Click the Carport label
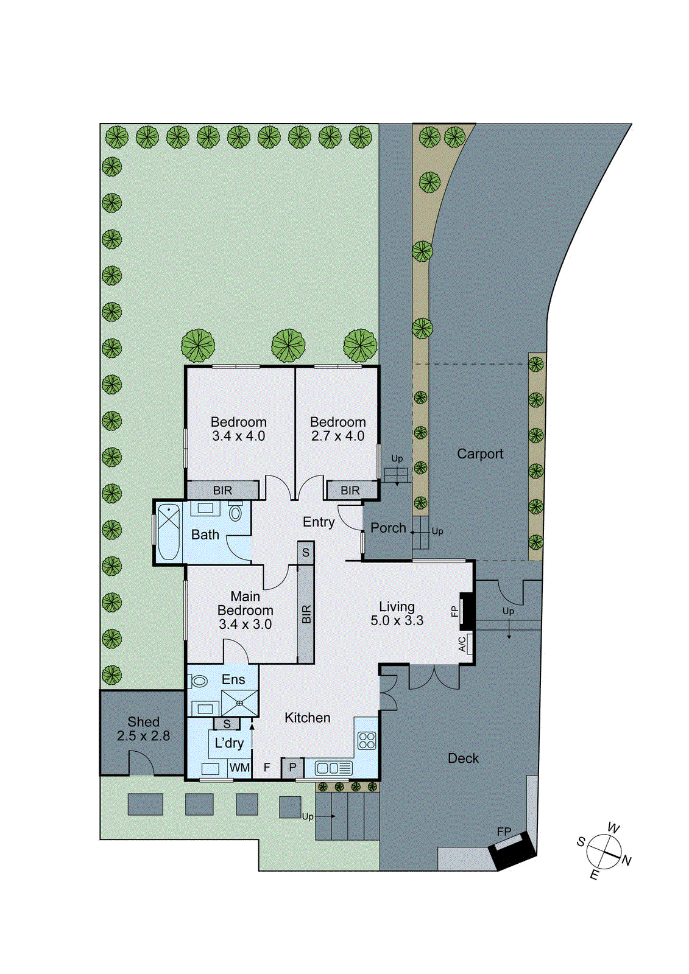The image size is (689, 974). tap(480, 454)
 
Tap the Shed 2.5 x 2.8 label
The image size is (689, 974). tap(143, 729)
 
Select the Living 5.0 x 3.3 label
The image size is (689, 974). tap(397, 614)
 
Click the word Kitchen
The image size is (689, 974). tap(307, 718)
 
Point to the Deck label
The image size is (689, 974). tap(463, 759)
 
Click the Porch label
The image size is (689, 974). tap(388, 528)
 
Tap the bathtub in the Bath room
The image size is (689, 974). tap(168, 532)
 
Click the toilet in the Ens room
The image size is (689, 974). tap(199, 681)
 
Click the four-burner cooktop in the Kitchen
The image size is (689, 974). tap(367, 740)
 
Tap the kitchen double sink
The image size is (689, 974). tap(333, 768)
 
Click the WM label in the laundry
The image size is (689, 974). tap(239, 768)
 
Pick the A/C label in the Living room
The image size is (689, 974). tap(462, 644)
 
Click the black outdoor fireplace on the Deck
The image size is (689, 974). tap(514, 851)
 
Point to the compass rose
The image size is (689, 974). tap(604, 851)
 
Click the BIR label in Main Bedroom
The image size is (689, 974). tap(306, 614)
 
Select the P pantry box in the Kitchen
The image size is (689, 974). tap(292, 768)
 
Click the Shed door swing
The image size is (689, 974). tap(141, 763)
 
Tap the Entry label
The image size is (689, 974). tap(319, 522)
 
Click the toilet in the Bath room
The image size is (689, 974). tap(235, 512)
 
